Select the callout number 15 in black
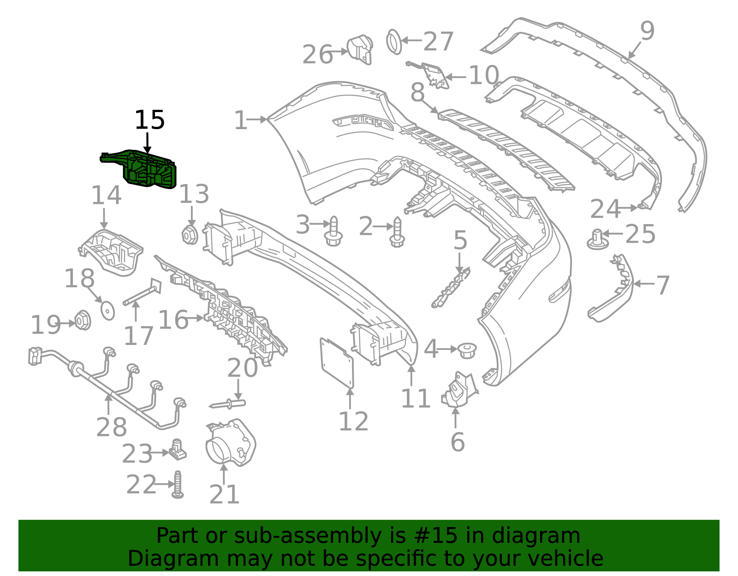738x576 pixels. click(149, 120)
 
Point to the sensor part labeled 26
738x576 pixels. click(360, 49)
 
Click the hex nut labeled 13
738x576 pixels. click(190, 235)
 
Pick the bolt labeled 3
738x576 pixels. click(334, 232)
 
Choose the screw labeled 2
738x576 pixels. click(397, 233)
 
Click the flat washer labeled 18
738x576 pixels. click(108, 310)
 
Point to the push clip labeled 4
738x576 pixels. click(467, 350)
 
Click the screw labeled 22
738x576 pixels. click(178, 485)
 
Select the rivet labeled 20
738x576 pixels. click(228, 404)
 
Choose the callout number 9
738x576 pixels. click(647, 31)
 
